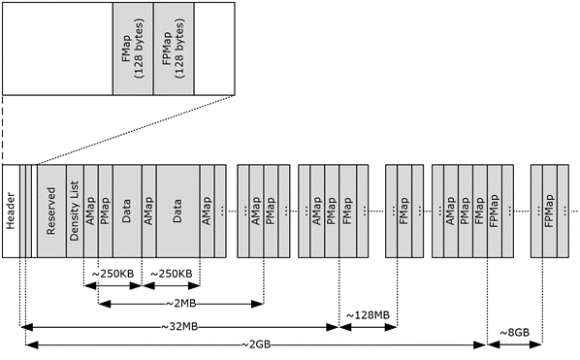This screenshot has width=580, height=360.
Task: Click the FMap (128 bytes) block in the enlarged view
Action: click(131, 48)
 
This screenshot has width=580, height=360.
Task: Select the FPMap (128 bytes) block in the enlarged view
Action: click(174, 48)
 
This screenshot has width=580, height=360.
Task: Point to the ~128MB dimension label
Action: click(368, 315)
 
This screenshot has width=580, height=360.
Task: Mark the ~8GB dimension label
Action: click(514, 333)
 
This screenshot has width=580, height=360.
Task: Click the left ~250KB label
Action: click(113, 275)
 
